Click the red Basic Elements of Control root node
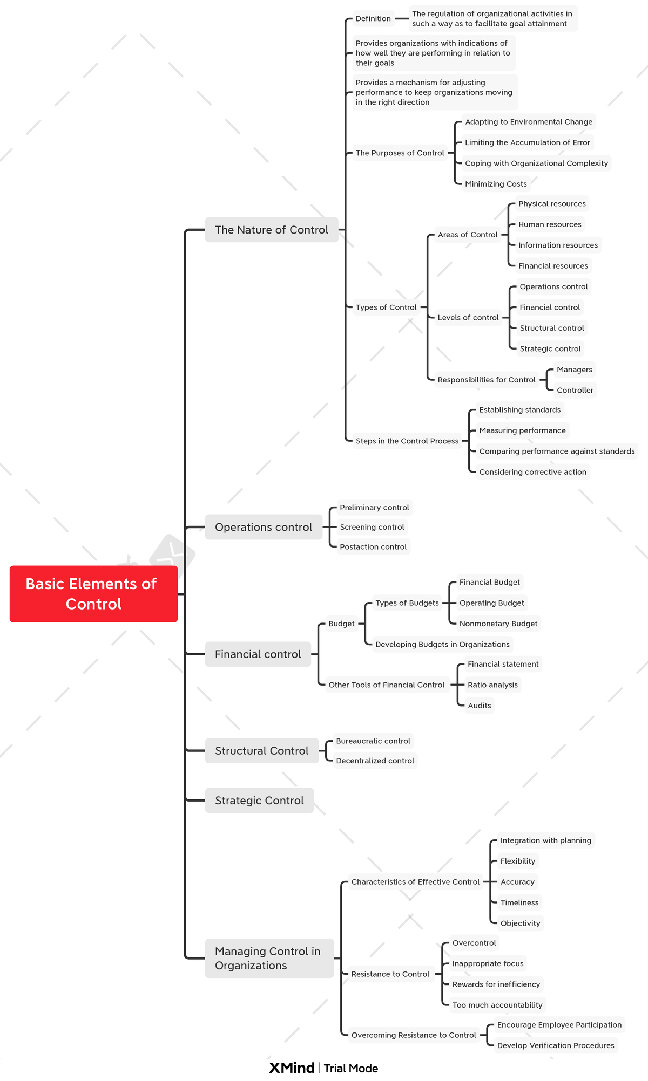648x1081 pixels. (x=93, y=594)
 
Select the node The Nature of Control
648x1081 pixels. (x=272, y=230)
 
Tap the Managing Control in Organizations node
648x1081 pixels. (x=269, y=958)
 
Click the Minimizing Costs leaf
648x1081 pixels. (x=496, y=184)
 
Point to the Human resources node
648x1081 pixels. (x=550, y=224)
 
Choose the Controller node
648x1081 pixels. (x=575, y=390)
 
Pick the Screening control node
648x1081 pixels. (x=372, y=527)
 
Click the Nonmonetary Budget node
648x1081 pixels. (x=498, y=624)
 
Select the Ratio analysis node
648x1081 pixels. (x=492, y=685)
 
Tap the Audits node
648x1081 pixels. (x=480, y=706)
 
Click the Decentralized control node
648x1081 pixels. (x=375, y=761)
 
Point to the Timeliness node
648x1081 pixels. (x=519, y=902)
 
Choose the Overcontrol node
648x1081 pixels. (x=474, y=943)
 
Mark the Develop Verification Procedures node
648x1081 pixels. (x=556, y=1045)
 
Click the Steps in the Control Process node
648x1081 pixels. (x=407, y=441)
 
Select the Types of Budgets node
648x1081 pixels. (x=407, y=603)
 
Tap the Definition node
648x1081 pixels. (x=373, y=19)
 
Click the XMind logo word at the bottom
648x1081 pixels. (x=292, y=1068)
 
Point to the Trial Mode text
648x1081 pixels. (x=351, y=1068)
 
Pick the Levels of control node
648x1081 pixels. (x=468, y=318)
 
